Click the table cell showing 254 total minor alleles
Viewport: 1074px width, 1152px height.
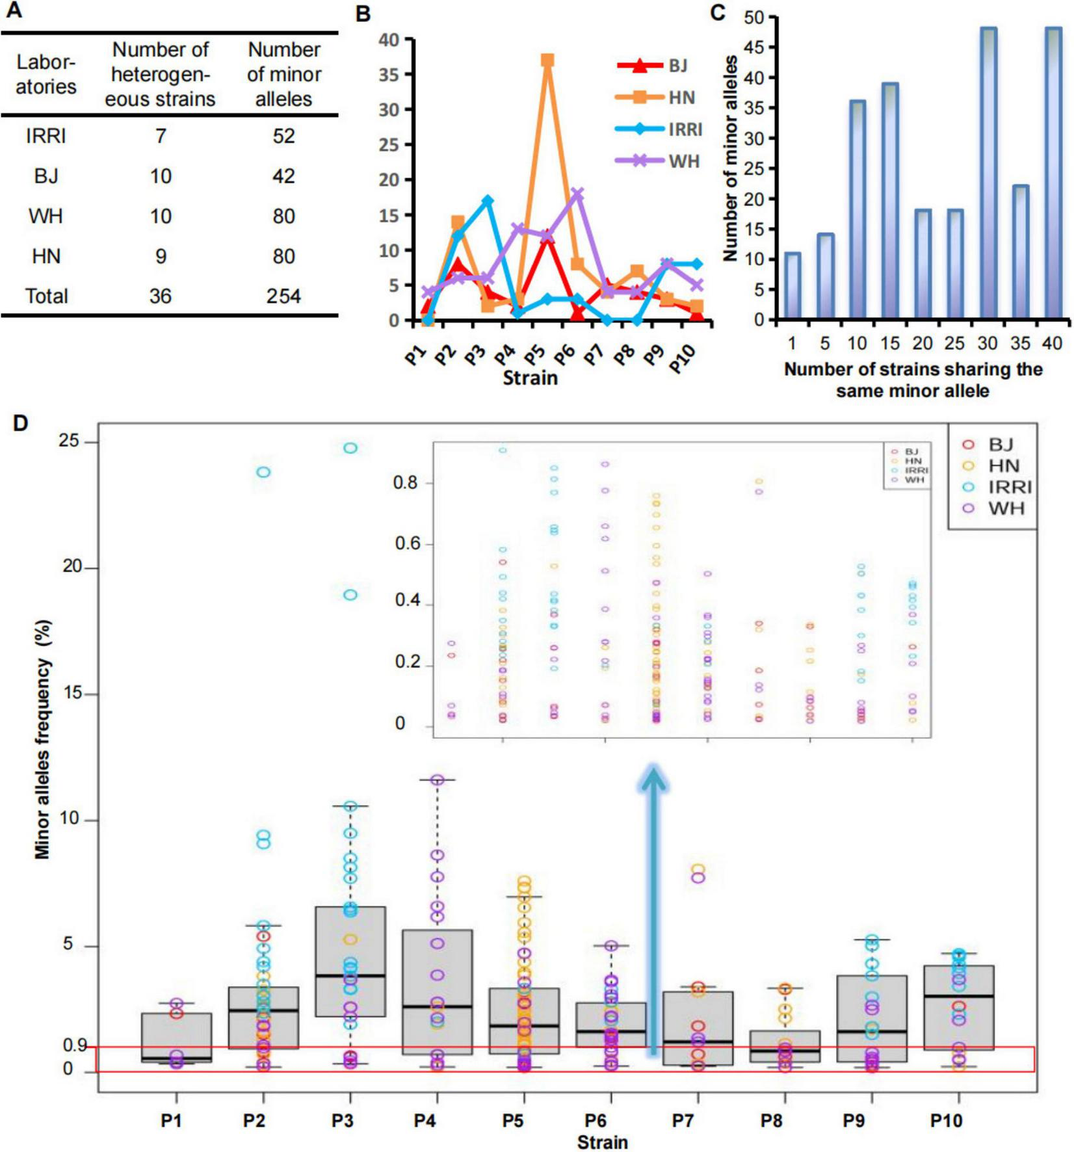(283, 296)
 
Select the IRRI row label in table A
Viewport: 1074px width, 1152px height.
(46, 137)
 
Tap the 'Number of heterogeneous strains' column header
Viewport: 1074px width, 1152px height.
(160, 74)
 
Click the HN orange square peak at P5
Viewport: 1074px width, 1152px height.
(547, 60)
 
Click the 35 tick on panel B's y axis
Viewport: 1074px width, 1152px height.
(389, 74)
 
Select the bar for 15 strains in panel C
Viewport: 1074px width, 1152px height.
(890, 202)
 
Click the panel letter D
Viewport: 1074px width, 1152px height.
(20, 423)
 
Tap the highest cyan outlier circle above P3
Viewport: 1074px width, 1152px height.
(350, 448)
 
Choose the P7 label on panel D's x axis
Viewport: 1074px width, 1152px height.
(683, 1121)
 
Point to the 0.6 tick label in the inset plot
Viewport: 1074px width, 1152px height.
(408, 543)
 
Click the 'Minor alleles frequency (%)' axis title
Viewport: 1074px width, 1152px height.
(44, 739)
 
